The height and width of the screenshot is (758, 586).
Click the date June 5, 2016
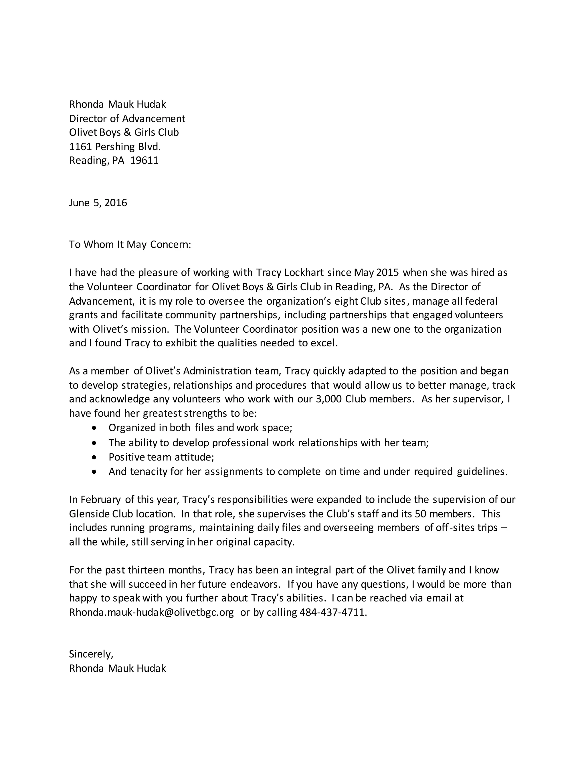pos(98,203)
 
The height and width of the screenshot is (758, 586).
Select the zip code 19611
pos(144,160)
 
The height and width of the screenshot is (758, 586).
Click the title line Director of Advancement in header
pos(127,119)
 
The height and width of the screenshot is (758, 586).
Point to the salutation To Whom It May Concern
pos(130,245)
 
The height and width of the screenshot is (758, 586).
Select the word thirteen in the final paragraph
pos(146,570)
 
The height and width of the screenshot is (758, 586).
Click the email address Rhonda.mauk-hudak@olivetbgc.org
pos(151,612)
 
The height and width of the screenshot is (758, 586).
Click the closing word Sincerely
pos(91,654)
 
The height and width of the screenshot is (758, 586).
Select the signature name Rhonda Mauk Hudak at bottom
pos(117,668)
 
